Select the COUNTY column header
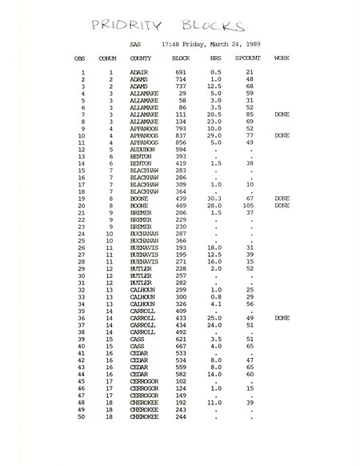tap(141, 58)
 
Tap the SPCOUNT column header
tap(248, 58)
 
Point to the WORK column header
tap(282, 58)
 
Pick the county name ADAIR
tap(138, 73)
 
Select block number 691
tap(181, 73)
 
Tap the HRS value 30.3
tap(214, 198)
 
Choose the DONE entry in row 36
tap(282, 318)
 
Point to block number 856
tap(181, 143)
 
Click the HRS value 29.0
tap(214, 135)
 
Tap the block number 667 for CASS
tap(181, 346)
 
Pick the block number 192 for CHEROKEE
tap(181, 402)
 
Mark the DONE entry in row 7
tap(282, 114)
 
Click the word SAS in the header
tap(135, 44)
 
